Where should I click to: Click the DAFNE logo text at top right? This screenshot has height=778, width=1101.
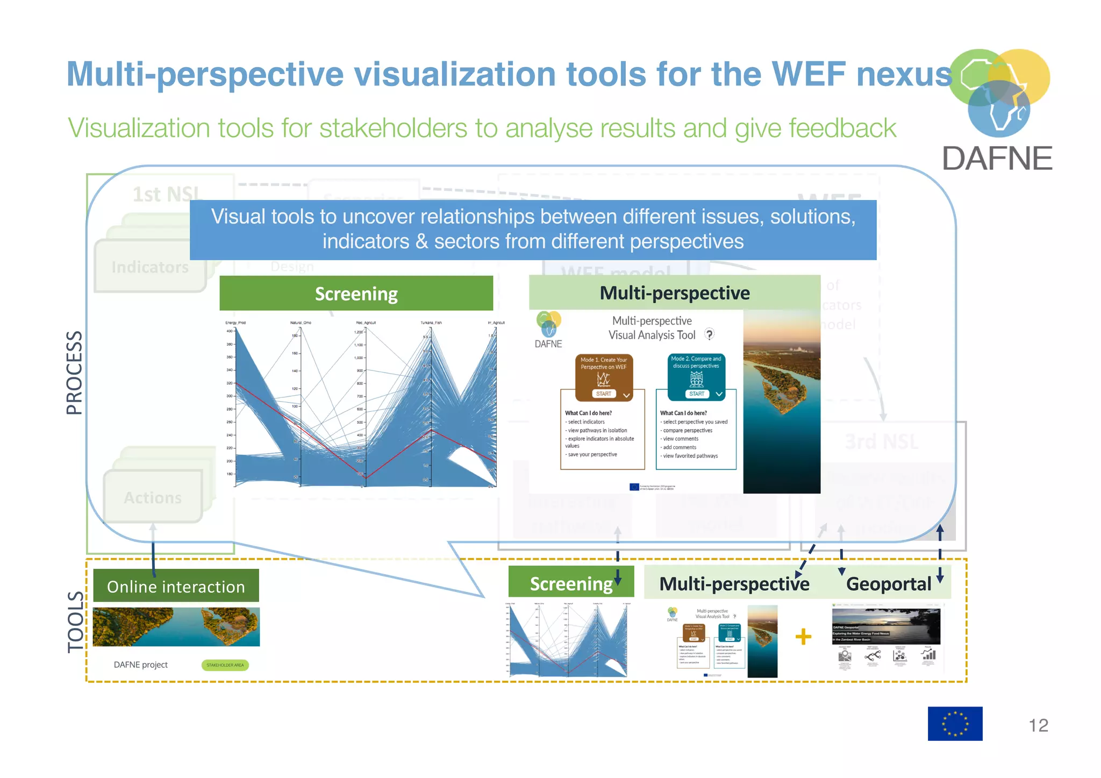(x=997, y=159)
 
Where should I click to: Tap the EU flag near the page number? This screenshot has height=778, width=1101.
(x=955, y=724)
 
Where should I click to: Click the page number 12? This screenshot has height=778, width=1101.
(x=1038, y=725)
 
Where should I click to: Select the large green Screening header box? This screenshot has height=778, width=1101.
(x=356, y=294)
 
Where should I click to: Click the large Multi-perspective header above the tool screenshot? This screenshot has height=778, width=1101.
(x=674, y=293)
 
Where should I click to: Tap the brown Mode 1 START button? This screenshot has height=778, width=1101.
(x=603, y=394)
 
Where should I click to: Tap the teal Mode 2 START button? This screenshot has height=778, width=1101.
(x=696, y=394)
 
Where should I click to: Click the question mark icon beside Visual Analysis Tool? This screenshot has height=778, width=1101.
(x=710, y=334)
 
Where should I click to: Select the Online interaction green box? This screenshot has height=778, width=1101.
(x=176, y=586)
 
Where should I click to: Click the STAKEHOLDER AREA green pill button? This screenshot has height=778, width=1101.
(x=225, y=665)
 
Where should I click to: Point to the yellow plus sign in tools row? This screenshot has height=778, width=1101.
(x=803, y=637)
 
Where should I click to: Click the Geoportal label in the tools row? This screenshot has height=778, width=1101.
(x=888, y=584)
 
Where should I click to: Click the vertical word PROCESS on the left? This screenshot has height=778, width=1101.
(x=74, y=372)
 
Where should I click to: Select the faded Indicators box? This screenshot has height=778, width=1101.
(x=150, y=267)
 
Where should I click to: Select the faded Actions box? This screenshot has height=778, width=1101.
(x=153, y=497)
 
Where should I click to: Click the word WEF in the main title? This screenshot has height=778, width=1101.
(x=808, y=74)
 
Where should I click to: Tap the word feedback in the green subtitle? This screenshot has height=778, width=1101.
(x=842, y=129)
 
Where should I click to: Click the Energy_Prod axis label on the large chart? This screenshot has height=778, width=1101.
(x=235, y=323)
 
